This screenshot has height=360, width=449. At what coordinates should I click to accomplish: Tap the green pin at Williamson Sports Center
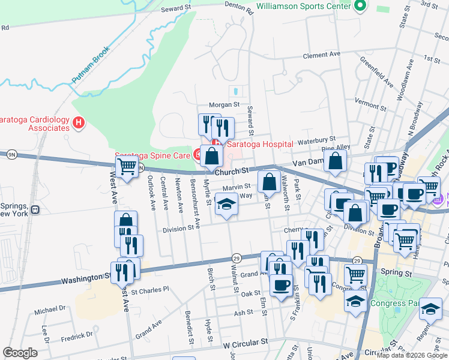point(360,6)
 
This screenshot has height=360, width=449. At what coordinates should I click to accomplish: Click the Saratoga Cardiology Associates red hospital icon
point(77,124)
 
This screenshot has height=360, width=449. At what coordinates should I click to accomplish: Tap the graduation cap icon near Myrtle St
point(226,206)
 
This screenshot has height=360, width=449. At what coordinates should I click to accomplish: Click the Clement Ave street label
point(322,55)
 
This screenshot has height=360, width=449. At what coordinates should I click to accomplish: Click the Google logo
point(20,353)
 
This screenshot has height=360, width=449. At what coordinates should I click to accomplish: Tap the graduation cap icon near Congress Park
point(430,309)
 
